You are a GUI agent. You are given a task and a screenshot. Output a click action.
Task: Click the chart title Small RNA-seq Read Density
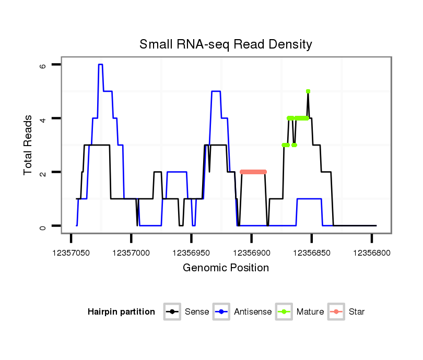[226, 44]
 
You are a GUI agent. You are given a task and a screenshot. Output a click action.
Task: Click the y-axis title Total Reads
[28, 145]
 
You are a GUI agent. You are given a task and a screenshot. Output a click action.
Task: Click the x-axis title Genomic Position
[226, 268]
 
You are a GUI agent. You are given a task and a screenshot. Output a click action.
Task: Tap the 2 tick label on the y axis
[43, 172]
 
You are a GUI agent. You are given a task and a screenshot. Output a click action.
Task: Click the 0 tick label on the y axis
[43, 226]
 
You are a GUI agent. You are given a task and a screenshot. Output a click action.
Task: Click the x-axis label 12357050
[70, 252]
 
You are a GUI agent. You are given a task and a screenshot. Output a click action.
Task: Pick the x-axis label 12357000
[131, 252]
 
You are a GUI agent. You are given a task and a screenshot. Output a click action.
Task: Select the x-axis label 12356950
[191, 252]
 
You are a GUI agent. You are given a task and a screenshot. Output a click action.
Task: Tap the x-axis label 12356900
[252, 252]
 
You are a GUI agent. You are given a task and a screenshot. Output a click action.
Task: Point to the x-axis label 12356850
[312, 252]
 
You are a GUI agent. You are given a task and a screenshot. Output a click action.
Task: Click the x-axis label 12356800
[372, 252]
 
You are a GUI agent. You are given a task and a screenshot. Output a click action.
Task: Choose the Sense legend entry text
[197, 312]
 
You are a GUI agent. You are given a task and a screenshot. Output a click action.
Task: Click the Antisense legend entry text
[253, 312]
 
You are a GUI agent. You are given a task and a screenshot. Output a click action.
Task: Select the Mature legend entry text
[310, 312]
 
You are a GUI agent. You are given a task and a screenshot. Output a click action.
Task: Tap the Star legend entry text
[357, 312]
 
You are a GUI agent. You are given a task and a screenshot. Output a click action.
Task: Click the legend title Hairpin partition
[121, 312]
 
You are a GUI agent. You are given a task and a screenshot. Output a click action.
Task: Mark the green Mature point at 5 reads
[308, 91]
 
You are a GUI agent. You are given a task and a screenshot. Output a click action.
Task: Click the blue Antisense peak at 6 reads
[100, 65]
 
